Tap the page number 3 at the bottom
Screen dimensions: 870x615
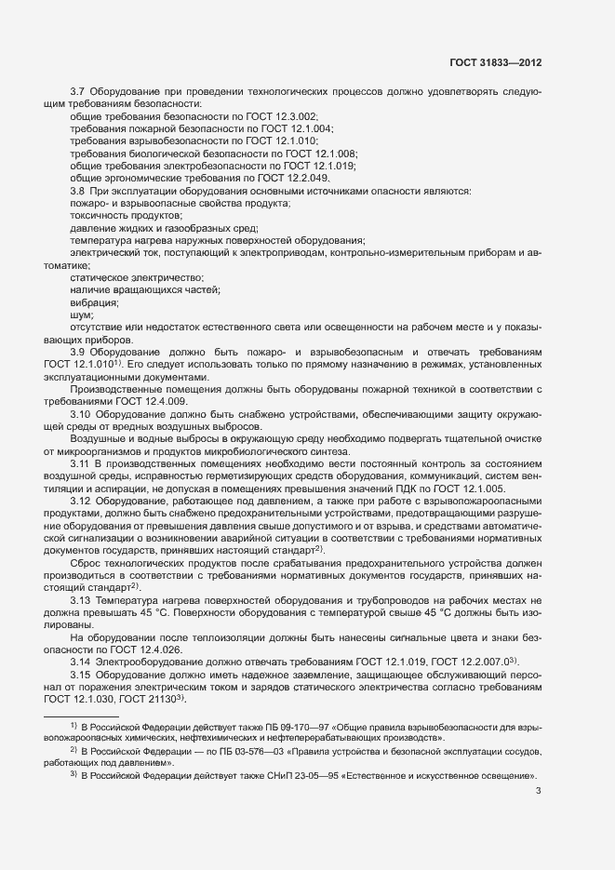coord(539,793)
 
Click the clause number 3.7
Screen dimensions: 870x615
coord(78,91)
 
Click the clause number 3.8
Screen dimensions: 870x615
coord(78,191)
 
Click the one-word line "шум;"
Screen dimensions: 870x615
coord(83,315)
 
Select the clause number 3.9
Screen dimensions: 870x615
coord(78,354)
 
